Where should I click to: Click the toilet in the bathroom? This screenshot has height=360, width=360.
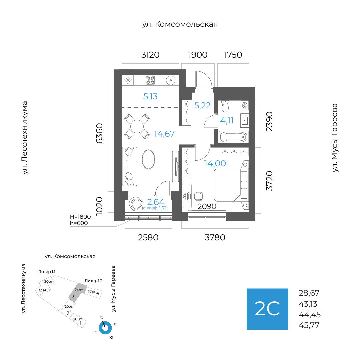[x=225, y=107]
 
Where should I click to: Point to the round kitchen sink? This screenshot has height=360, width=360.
[x=171, y=80]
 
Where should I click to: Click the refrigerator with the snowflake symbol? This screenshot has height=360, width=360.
[x=128, y=80]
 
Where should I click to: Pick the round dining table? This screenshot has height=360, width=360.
[x=137, y=127]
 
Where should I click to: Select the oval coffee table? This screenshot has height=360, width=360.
[x=148, y=160]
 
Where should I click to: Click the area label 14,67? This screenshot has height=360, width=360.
[x=164, y=134]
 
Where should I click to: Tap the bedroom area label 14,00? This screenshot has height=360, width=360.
[x=215, y=163]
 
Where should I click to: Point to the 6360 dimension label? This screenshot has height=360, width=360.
[x=99, y=133]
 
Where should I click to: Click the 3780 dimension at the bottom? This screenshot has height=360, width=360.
[x=215, y=238]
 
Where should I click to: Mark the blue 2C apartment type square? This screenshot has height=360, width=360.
[x=267, y=309]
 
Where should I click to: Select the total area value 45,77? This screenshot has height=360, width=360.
[x=309, y=325]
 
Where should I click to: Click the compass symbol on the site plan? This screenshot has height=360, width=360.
[x=106, y=328]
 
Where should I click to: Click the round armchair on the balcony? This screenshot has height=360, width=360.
[x=136, y=204]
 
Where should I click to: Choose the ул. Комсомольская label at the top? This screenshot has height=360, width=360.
[x=180, y=24]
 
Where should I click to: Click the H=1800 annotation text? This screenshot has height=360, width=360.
[x=80, y=217]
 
